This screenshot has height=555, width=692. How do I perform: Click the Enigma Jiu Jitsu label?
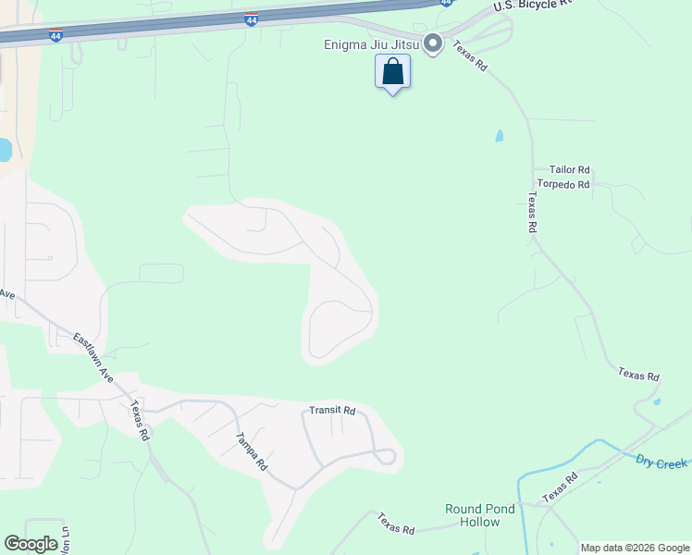(371, 43)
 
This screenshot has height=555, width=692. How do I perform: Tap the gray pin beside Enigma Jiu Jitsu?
(431, 44)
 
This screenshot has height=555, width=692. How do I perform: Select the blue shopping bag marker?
(392, 71)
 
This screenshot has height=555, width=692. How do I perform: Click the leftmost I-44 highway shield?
(56, 34)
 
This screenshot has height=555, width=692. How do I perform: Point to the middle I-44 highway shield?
(252, 18)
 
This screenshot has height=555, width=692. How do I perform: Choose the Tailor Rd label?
(569, 170)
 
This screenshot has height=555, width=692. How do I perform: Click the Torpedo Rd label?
(563, 185)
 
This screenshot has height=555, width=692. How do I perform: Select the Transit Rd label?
(332, 410)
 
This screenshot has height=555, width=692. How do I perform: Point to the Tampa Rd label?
(251, 452)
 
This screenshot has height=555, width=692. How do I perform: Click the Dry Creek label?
(661, 462)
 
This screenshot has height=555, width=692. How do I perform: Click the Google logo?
(31, 544)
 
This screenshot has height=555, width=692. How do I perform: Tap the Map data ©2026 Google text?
(635, 548)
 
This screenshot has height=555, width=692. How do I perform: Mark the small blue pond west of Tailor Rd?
(500, 136)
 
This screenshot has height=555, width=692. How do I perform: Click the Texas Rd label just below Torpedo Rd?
(533, 213)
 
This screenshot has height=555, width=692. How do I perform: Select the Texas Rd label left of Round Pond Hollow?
(397, 524)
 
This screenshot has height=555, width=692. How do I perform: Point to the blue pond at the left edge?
(5, 150)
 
